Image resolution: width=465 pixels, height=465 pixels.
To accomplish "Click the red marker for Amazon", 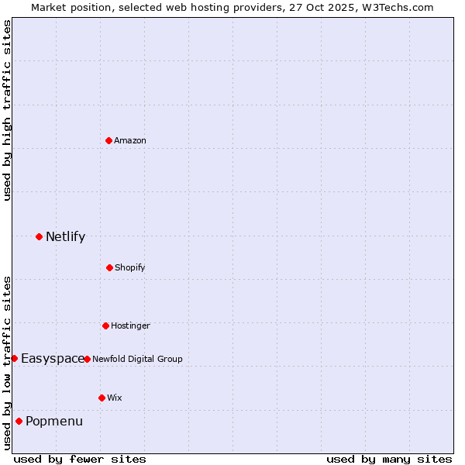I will (x=108, y=140).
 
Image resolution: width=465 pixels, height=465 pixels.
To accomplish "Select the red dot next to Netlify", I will (x=39, y=236).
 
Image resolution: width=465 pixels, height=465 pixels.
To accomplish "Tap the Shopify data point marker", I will (x=109, y=267).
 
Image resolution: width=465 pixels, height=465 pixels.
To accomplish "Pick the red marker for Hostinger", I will (x=105, y=325).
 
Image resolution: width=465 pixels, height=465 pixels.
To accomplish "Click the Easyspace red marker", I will (x=14, y=358).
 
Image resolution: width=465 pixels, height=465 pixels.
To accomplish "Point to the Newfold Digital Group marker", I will (x=87, y=359).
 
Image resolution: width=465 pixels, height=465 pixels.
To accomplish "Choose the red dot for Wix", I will (x=102, y=398).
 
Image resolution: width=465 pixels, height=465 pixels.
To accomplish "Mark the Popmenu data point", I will (x=19, y=422).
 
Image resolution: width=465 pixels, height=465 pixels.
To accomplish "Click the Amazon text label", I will (x=130, y=140).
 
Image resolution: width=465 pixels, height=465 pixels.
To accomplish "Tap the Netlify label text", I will (x=65, y=237).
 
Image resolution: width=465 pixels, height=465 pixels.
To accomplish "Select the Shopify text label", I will (x=130, y=267).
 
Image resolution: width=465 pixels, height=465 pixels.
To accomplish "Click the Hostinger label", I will (x=130, y=325).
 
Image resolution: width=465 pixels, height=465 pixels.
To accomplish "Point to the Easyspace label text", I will (x=53, y=359).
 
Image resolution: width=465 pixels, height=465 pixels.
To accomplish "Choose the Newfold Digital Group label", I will (x=137, y=359).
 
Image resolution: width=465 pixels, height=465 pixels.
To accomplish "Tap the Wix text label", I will (x=115, y=398).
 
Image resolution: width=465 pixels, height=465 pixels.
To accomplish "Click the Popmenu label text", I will (x=54, y=422).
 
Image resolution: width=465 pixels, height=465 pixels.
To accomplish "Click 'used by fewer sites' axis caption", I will (x=80, y=459).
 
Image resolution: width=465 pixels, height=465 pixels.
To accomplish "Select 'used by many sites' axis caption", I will (x=389, y=459).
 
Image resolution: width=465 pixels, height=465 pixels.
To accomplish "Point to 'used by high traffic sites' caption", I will (x=7, y=110).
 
